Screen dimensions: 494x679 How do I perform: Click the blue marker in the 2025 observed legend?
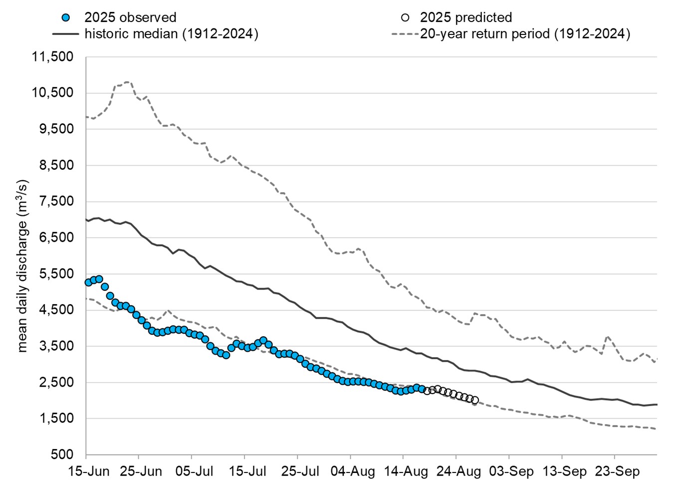coord(66,17)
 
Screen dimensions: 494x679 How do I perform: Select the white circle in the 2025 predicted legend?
coord(405,17)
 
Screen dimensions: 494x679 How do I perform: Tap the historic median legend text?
coord(171,34)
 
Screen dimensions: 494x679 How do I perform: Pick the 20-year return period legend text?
coord(525,34)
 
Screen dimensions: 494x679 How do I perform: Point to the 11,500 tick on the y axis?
coord(53,57)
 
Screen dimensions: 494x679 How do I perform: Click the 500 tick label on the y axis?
coord(62,455)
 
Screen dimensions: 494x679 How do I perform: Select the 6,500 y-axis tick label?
coord(53,238)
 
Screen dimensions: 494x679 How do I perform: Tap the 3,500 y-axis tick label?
coord(53,346)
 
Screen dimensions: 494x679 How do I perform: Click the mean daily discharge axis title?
coord(22,266)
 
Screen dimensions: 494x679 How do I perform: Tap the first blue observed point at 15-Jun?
coord(88,283)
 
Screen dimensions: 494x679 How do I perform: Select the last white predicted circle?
coord(475,400)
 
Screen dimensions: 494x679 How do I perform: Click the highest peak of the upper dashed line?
coord(128,81)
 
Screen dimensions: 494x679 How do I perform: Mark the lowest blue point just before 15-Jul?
coord(226,355)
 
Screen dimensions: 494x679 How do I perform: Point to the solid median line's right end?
coord(657,405)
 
